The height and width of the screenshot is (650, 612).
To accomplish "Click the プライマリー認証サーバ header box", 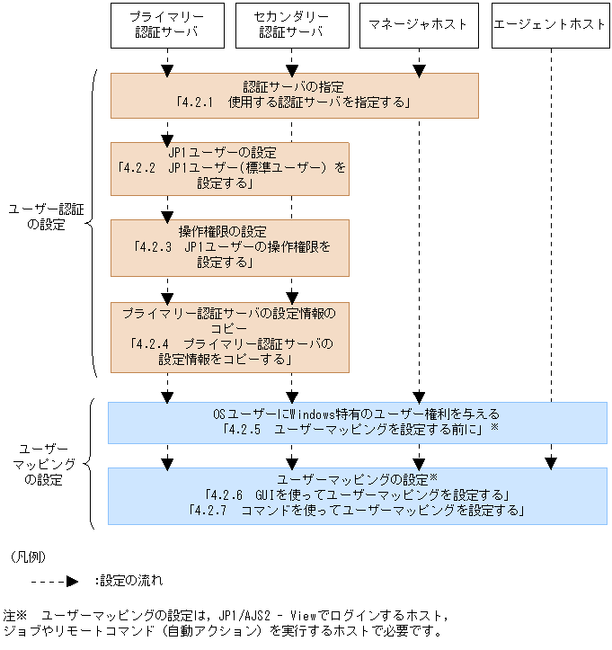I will pyautogui.click(x=166, y=25).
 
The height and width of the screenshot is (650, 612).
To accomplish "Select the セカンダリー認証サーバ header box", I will pyautogui.click(x=291, y=25).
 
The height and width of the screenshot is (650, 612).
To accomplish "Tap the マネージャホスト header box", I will pyautogui.click(x=418, y=25).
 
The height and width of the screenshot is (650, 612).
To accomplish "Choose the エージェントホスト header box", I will pyautogui.click(x=550, y=25).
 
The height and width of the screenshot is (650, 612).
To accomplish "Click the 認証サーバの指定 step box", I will pyautogui.click(x=294, y=95).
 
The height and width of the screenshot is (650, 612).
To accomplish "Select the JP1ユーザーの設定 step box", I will pyautogui.click(x=229, y=168).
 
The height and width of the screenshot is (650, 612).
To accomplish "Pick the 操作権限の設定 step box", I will pyautogui.click(x=229, y=247).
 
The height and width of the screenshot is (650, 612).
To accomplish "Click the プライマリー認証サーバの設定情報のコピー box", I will pyautogui.click(x=229, y=336).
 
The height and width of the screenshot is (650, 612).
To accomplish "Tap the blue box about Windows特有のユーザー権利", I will pyautogui.click(x=357, y=423).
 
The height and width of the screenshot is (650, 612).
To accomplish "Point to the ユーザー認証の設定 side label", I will pyautogui.click(x=46, y=217).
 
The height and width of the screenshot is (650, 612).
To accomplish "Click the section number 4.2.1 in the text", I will pyautogui.click(x=200, y=103).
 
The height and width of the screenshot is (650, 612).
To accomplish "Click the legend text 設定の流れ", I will pyautogui.click(x=129, y=581).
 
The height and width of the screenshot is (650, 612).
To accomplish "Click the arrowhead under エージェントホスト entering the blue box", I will pyautogui.click(x=550, y=463).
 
